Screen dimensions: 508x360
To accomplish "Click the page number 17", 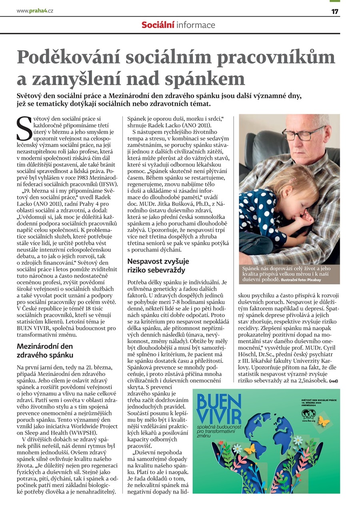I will click(x=335, y=11).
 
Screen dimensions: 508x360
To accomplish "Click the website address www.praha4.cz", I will click(x=35, y=11).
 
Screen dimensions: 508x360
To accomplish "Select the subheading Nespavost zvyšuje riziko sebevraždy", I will click(x=158, y=266).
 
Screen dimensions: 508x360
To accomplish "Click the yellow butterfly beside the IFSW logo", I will click(x=323, y=421).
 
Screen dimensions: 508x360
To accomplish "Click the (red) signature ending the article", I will click(x=333, y=381).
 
